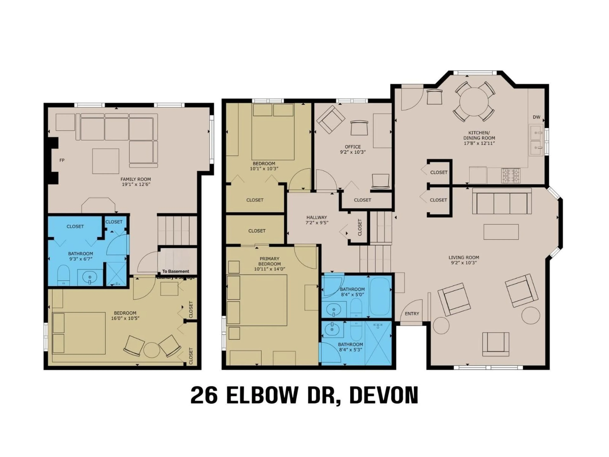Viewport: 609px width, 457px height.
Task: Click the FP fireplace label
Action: pos(62,160)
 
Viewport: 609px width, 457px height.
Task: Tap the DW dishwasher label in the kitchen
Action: pos(536,117)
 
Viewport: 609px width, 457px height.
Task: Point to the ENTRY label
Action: pos(412,314)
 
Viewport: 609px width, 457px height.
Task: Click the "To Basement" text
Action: pos(176,271)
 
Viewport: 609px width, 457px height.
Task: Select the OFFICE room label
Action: pos(353,147)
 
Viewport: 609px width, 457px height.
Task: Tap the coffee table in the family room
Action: pos(106,161)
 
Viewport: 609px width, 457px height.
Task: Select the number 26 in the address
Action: pos(204,395)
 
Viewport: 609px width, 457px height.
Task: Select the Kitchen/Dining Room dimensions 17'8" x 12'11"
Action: pos(479,143)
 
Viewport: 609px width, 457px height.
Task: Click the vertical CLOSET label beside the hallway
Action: pos(360,227)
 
